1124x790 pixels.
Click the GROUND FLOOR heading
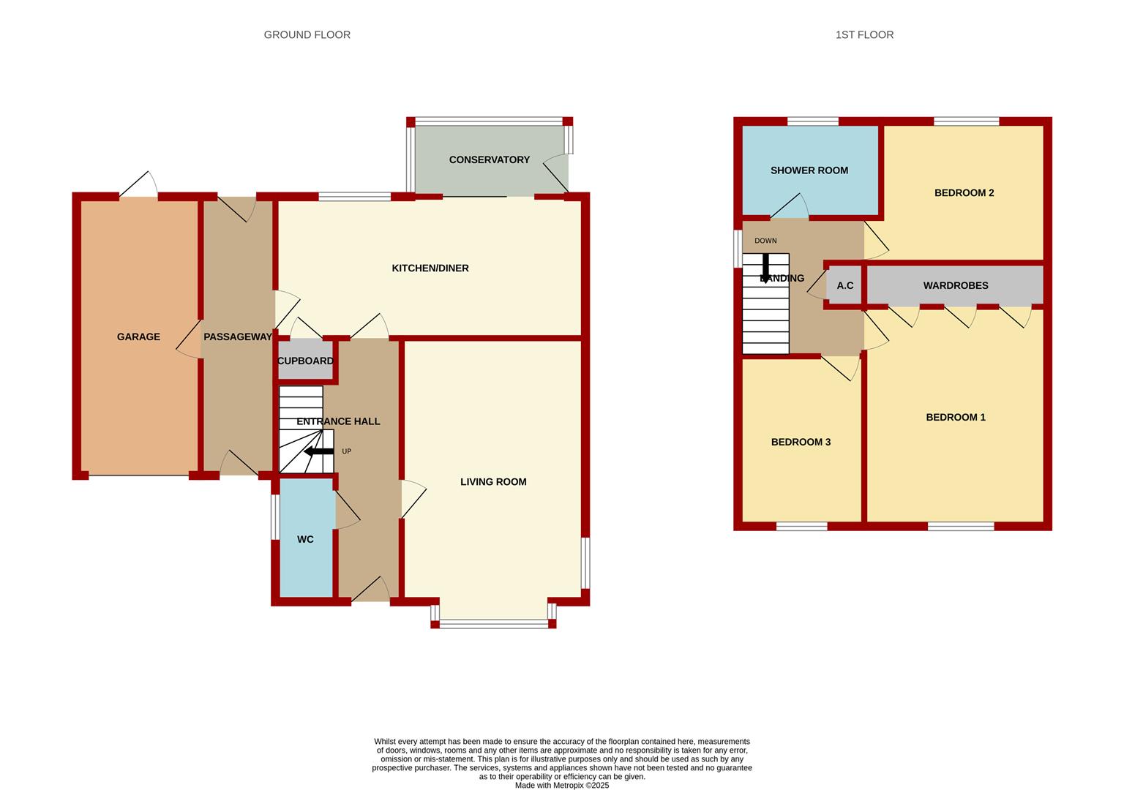307,34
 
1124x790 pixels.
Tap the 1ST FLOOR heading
864,34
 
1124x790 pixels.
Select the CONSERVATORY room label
490,159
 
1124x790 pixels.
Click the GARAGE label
138,336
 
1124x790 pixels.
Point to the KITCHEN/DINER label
430,268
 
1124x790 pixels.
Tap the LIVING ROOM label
493,481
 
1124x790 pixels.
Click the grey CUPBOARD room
306,360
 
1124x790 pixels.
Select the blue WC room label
305,539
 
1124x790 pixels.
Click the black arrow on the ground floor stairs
319,451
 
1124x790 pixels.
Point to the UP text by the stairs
346,451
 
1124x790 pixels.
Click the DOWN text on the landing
765,241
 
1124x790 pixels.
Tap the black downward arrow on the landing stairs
765,268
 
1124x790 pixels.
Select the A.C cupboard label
845,285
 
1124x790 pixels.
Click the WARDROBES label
956,285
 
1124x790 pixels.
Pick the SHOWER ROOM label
809,170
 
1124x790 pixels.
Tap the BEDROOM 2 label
964,193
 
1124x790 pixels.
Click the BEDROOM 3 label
801,442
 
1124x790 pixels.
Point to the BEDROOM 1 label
956,418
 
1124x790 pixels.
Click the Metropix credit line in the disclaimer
562,786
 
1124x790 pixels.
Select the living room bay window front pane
494,624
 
